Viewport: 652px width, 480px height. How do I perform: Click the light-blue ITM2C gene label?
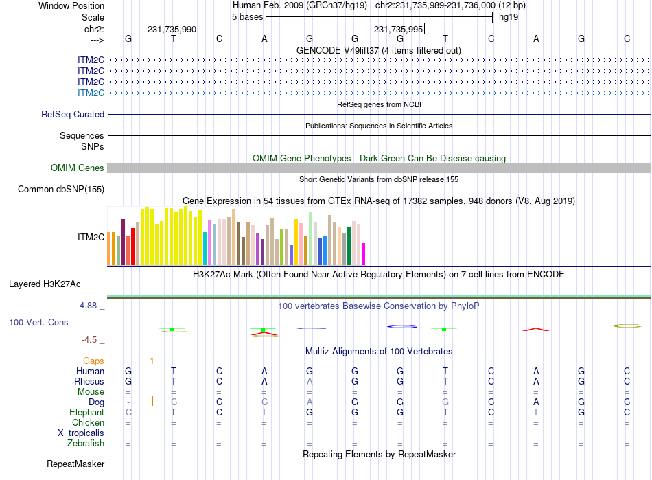91,93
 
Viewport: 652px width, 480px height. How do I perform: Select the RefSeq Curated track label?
73,115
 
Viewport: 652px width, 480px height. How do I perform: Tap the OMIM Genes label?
78,168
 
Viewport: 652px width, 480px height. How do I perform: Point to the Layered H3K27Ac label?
54,284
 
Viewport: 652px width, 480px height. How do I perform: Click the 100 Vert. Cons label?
38,322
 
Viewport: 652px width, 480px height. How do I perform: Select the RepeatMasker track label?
75,464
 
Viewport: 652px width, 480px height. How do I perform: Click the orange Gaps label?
93,361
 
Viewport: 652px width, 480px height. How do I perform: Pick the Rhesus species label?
89,381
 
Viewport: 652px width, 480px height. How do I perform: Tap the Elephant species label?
86,413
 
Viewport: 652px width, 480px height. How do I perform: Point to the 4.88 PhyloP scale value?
91,306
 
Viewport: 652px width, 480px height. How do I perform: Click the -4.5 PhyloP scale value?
91,339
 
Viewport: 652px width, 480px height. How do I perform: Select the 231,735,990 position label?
172,29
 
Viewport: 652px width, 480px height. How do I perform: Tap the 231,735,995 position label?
398,29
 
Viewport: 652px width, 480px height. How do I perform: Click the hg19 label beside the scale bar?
509,16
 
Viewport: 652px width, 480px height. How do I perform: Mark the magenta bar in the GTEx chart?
364,254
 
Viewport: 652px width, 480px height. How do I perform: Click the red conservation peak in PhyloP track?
535,330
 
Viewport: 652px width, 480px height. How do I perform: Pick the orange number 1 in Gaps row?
152,361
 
